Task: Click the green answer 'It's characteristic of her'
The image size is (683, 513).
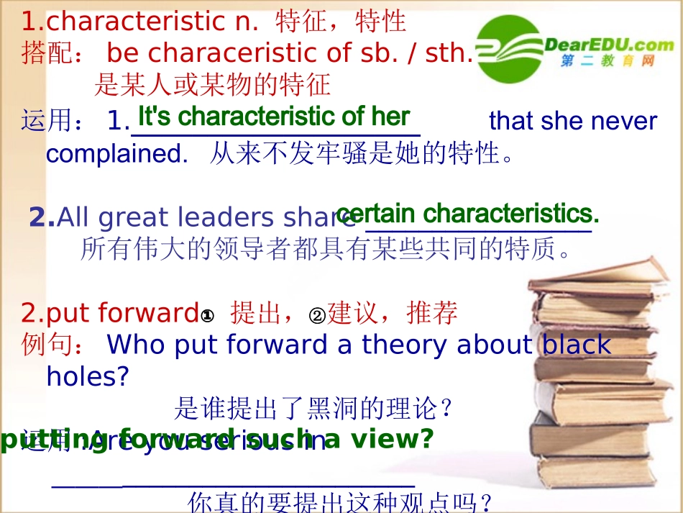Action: click(x=273, y=117)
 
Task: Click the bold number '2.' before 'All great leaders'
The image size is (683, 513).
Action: click(x=42, y=217)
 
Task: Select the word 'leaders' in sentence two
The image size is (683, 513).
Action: click(x=235, y=217)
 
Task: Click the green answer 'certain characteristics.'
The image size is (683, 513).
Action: click(x=467, y=214)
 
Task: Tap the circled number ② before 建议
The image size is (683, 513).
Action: click(x=317, y=314)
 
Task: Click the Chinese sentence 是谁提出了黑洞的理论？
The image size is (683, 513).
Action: click(x=314, y=409)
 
